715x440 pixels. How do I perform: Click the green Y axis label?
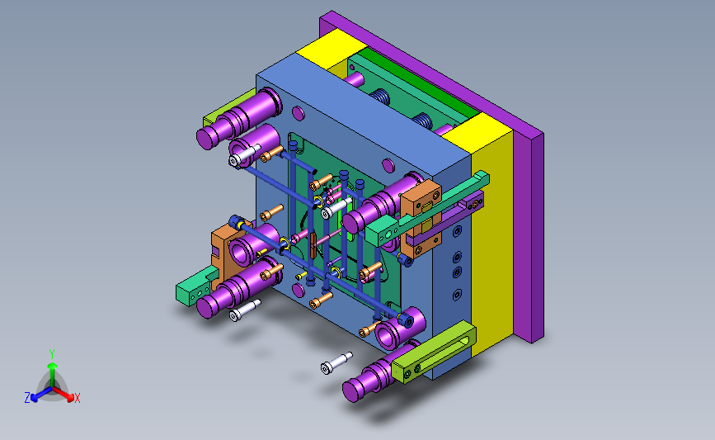click(x=52, y=354)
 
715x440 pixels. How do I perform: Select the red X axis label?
click(x=77, y=398)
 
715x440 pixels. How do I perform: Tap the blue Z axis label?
click(x=27, y=398)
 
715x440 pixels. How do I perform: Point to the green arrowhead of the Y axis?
click(x=53, y=366)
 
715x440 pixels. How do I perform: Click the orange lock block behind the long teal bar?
click(x=421, y=217)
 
